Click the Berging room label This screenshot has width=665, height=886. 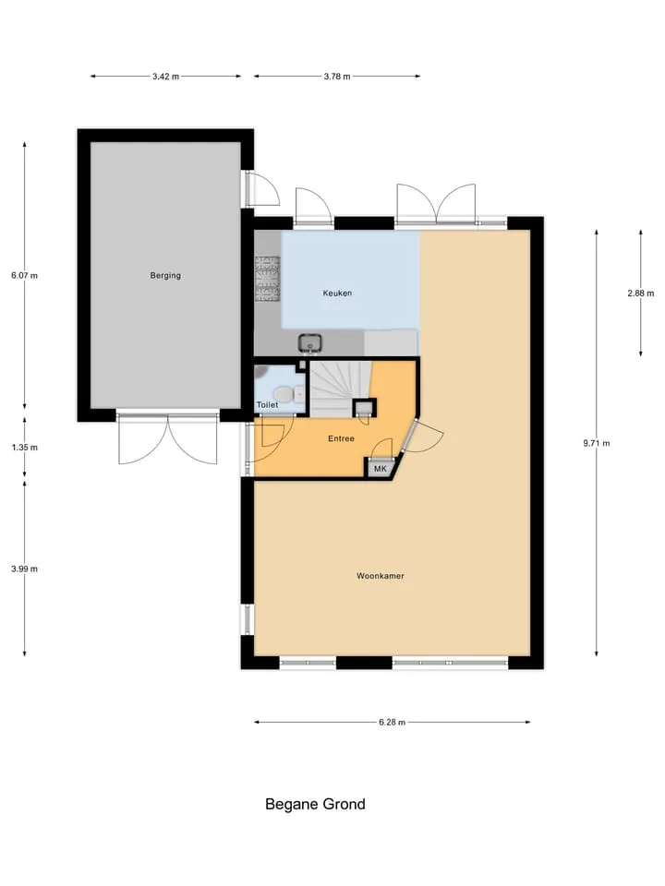165,276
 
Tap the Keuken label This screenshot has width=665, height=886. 337,293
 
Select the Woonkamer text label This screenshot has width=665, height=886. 380,576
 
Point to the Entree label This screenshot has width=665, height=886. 341,438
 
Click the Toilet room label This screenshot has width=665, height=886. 267,405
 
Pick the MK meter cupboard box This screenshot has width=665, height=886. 380,469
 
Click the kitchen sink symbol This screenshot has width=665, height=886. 310,342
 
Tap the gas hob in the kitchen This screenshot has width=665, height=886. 268,278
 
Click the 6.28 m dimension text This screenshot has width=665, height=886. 392,722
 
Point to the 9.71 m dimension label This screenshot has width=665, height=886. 597,444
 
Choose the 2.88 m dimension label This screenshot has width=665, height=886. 641,293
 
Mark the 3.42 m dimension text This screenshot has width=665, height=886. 165,77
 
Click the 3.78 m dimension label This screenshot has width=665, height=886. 337,77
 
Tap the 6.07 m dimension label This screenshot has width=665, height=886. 24,276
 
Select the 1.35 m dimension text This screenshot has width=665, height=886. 24,448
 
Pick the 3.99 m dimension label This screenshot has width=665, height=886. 24,569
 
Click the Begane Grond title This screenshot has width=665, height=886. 315,804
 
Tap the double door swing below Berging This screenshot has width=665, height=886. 167,439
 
